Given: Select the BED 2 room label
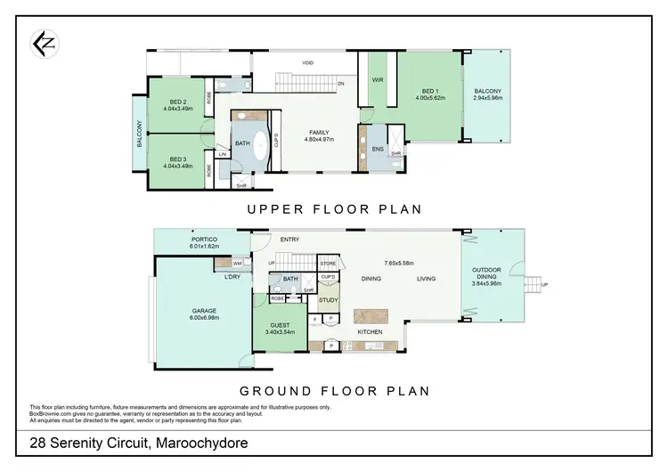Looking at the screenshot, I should coord(175,102).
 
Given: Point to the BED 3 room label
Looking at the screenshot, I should coord(175,158).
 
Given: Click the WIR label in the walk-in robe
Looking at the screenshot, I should coord(377,80).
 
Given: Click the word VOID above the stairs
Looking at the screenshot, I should coord(307,63).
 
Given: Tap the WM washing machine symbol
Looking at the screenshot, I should coord(238,264).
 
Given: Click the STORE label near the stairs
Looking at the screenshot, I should coord(328,264).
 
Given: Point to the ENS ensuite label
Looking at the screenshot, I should coord(377,148).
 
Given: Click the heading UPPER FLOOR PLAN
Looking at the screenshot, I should coord(334,209).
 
